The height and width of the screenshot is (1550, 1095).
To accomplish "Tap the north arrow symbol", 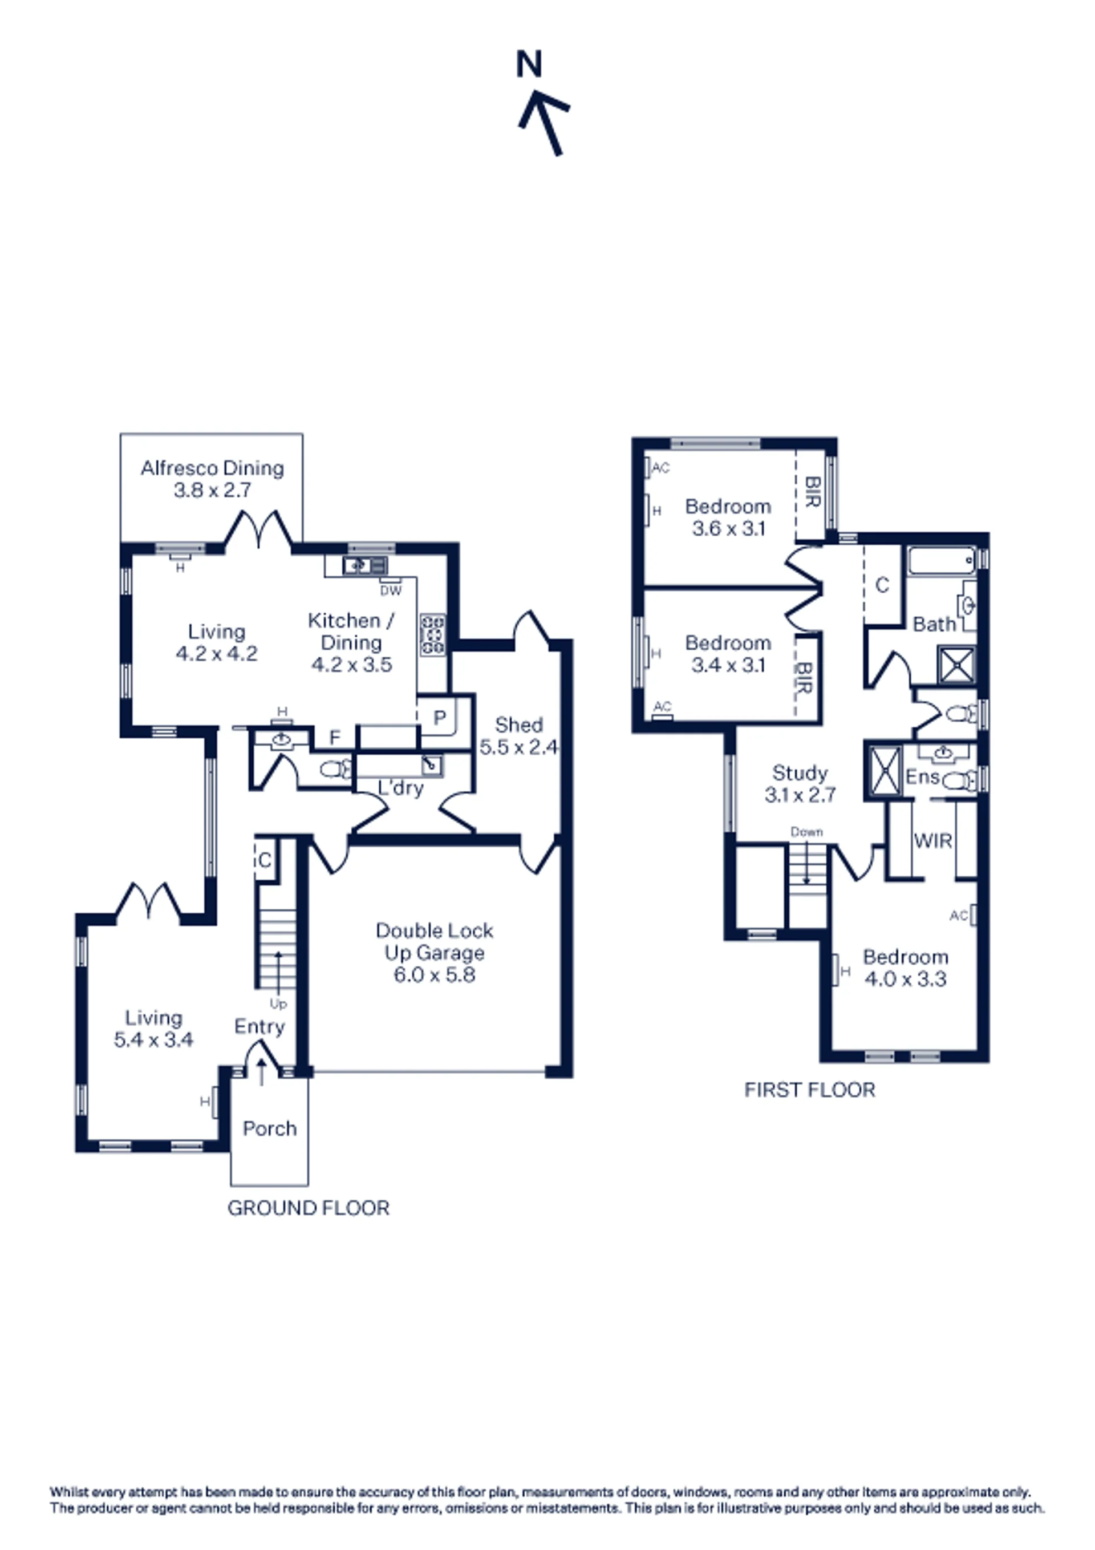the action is click(x=544, y=124).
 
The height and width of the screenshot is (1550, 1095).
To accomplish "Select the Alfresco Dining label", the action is click(x=212, y=479).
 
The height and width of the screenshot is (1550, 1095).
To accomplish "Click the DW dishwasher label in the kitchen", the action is click(x=391, y=590).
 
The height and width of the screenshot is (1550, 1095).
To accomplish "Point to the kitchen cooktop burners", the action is click(x=433, y=634).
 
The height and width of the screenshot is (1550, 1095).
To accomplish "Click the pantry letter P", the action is click(x=440, y=718).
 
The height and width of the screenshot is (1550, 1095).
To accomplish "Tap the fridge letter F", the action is click(x=335, y=738).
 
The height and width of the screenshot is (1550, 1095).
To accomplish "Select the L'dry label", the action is click(x=400, y=788).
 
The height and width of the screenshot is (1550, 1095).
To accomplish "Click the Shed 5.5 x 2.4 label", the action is click(x=518, y=735).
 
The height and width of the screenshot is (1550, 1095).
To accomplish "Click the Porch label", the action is click(x=269, y=1128).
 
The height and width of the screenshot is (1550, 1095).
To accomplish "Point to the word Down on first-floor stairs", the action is click(x=807, y=832).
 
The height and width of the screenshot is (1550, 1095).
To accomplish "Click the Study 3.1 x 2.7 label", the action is click(x=800, y=783).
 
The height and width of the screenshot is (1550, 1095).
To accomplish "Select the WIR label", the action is click(x=933, y=840).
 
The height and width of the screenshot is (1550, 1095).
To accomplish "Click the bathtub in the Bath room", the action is click(x=942, y=560).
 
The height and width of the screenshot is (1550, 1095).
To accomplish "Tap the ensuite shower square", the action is click(x=885, y=770).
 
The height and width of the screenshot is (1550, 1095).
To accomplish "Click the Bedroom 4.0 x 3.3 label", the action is click(x=905, y=968).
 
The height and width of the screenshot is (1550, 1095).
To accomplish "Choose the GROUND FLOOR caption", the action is click(x=309, y=1208).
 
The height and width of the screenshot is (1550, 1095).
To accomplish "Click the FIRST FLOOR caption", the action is click(x=809, y=1090).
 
